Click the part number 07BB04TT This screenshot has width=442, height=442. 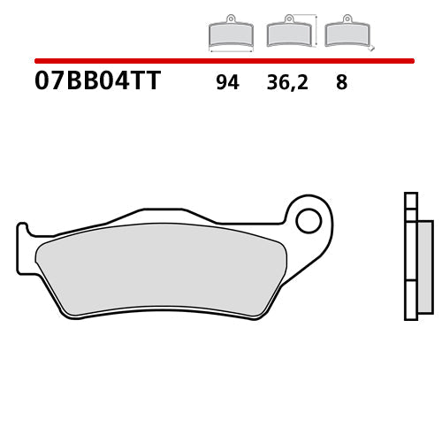click(x=98, y=83)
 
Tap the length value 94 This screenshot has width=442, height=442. click(x=226, y=84)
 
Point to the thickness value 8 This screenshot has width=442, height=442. click(x=341, y=84)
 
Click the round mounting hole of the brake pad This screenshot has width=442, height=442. click(x=309, y=220)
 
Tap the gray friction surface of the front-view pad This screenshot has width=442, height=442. click(x=159, y=265)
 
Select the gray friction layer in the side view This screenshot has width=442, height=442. click(x=424, y=265)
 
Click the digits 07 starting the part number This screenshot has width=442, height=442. click(x=47, y=83)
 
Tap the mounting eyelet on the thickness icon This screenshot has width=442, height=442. click(x=345, y=19)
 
